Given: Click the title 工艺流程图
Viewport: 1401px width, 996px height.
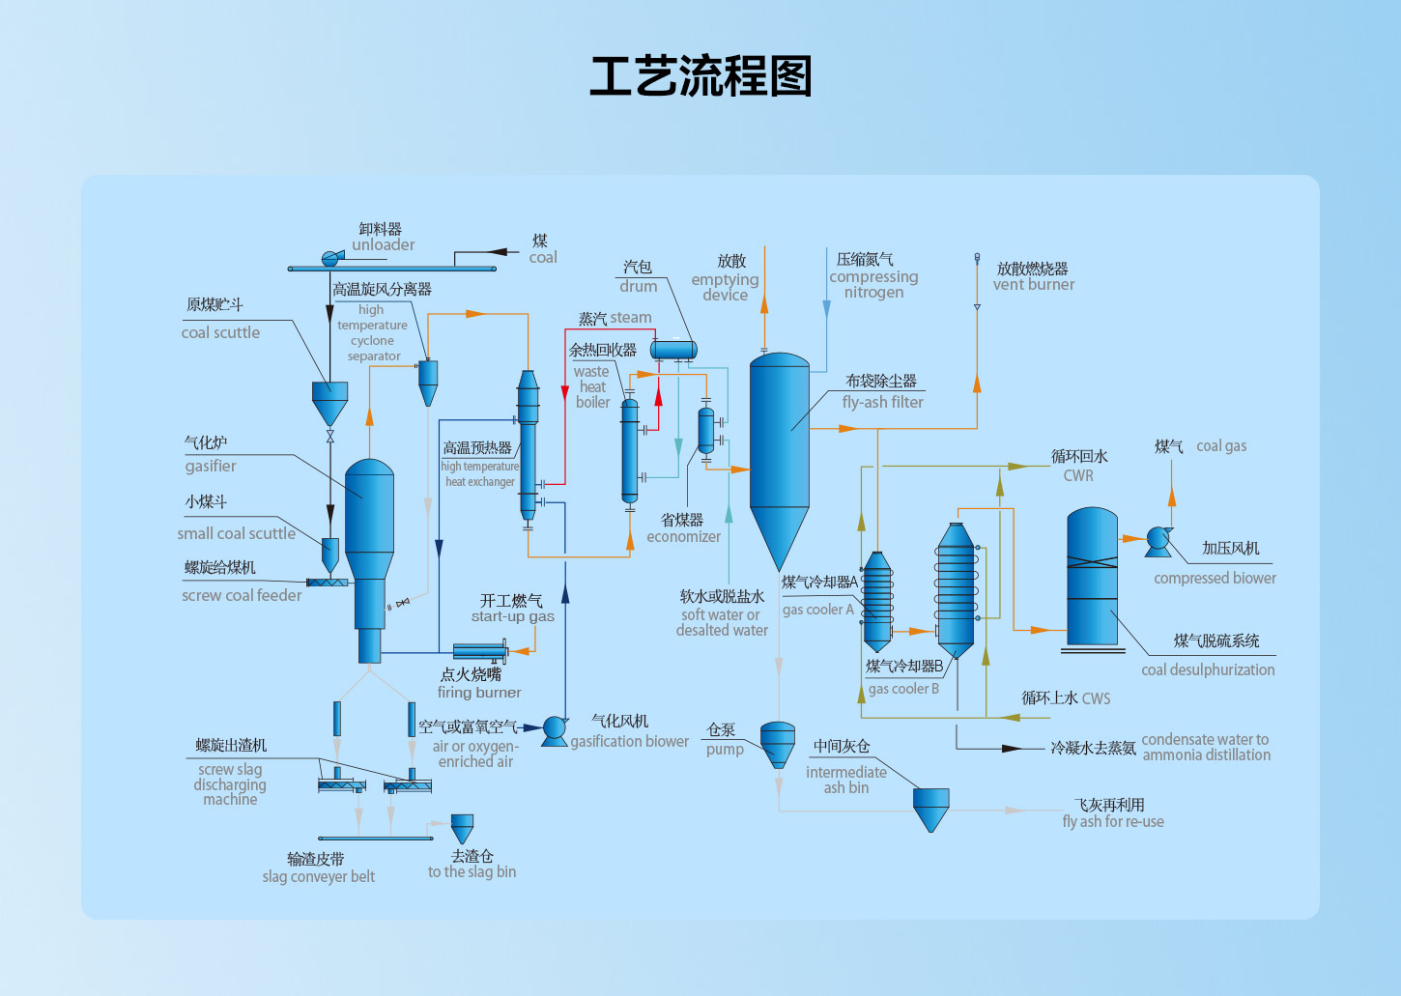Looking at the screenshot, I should coord(700,76).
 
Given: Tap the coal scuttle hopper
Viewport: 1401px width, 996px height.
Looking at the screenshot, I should coord(329,401).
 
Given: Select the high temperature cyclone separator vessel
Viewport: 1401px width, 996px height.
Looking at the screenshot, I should coord(428,381).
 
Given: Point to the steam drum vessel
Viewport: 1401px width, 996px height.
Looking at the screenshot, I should coord(672,349).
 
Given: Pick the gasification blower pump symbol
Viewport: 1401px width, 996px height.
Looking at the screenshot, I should coord(554,730).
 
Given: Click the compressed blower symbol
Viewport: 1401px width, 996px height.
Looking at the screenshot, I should coord(1158,541).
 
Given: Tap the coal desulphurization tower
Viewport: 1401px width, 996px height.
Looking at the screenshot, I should coord(1092,577).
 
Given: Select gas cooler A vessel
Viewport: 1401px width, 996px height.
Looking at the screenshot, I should coord(877,599).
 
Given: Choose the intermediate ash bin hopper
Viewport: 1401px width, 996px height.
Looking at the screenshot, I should coord(931,808).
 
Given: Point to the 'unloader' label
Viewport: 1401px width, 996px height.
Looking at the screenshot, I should coord(384,245).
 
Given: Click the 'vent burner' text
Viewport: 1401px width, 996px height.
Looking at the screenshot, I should coord(1033,285).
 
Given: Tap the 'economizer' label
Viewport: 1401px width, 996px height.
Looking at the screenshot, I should coord(683,537).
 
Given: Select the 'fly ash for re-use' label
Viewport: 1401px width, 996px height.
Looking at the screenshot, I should coord(1112,822).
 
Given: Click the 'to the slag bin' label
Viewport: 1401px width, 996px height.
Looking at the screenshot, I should coord(472,872).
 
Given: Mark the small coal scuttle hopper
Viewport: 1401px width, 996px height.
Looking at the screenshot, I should coord(329,554).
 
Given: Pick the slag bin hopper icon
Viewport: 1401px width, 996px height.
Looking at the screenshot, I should coord(463,828).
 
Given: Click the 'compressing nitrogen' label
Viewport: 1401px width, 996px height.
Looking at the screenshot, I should coord(873,284).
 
